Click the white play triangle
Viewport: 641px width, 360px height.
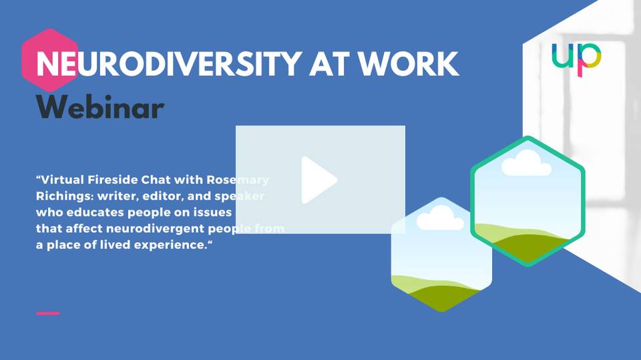point(317,180)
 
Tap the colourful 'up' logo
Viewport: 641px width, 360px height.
point(576,59)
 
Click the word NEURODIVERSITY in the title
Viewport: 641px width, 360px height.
point(169,64)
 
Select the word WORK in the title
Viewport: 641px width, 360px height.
point(408,64)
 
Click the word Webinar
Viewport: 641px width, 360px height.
point(100,107)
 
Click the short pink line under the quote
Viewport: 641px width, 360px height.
point(48,313)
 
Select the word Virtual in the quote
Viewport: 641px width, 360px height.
point(61,180)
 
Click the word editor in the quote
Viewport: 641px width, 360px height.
point(162,196)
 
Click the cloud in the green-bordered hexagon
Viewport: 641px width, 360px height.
point(527,163)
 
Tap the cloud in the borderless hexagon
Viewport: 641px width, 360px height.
point(440,218)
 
